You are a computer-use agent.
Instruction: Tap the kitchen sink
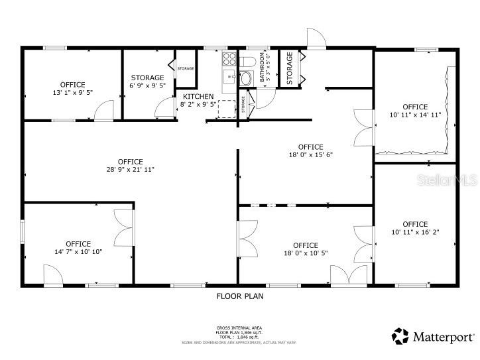[229, 75]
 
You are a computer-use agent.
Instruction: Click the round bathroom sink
[245, 78]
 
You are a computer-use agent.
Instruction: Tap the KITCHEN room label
[198, 97]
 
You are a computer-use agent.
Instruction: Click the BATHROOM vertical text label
[263, 68]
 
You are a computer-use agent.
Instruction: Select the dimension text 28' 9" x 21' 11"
[131, 170]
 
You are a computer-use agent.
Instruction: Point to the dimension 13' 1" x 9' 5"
[72, 93]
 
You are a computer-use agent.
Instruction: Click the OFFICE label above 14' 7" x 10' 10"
[78, 244]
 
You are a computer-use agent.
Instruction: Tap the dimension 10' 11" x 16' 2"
[415, 232]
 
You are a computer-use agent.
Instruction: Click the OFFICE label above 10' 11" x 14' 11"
[415, 107]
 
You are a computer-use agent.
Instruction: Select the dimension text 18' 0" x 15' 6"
[310, 155]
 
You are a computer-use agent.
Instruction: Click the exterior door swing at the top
[316, 39]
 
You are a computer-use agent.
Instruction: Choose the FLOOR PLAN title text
[240, 296]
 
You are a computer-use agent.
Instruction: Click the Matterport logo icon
[400, 336]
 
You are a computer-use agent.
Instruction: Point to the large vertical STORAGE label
[289, 68]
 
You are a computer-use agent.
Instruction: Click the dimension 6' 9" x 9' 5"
[147, 86]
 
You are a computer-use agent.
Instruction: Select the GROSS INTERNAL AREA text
[239, 328]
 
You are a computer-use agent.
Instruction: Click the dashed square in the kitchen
[228, 109]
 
